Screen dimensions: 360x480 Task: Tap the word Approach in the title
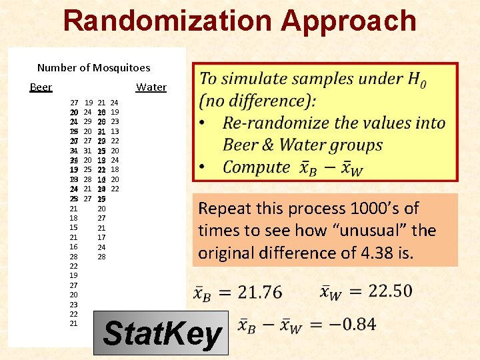coord(348,21)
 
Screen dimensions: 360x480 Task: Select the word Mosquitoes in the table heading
coord(121,67)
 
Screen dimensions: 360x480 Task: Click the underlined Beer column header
coord(41,87)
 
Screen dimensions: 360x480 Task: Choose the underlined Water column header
coord(151,87)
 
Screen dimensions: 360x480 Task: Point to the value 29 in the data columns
coord(88,122)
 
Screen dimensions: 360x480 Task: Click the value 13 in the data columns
coord(115,131)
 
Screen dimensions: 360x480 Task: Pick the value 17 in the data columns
coord(101,237)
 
